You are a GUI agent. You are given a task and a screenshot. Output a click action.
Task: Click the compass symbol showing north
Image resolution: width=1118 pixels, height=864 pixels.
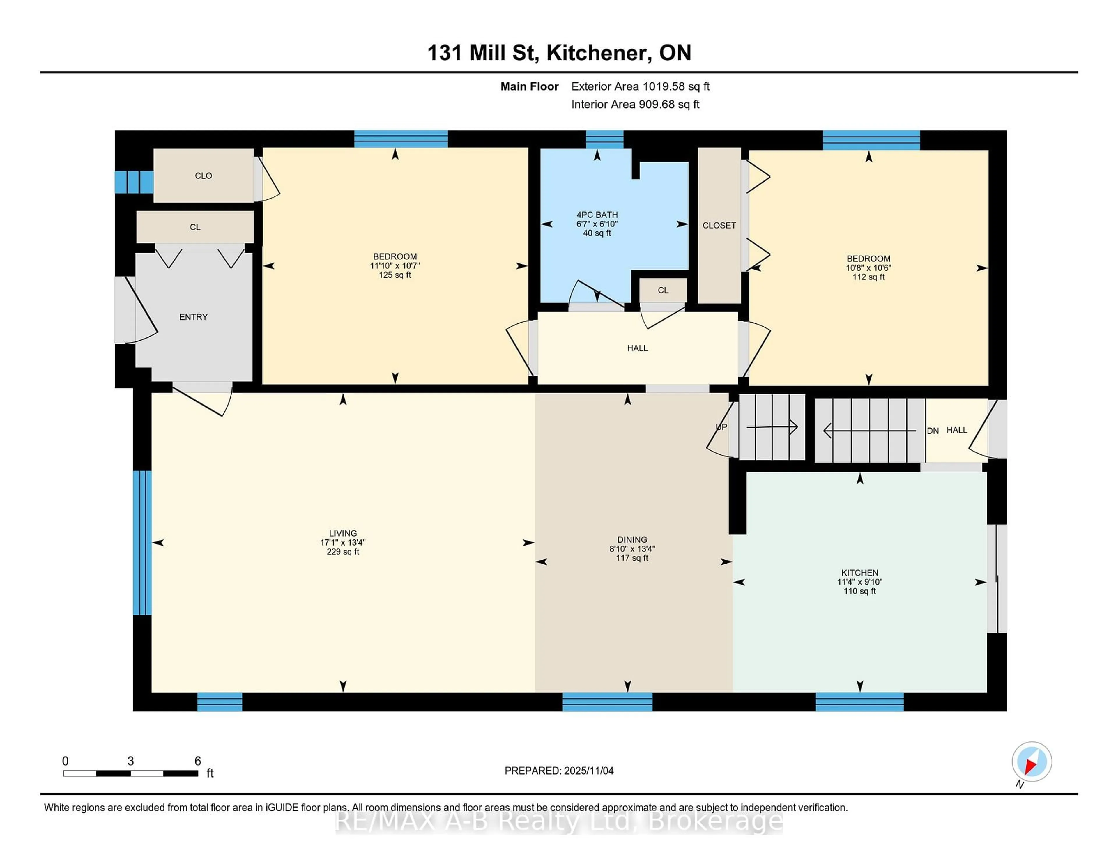click(x=1032, y=761)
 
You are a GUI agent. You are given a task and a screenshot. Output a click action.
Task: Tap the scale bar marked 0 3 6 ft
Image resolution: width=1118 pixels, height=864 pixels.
click(x=130, y=773)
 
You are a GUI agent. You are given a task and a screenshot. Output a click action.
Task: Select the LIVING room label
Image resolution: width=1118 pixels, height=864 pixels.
click(x=342, y=533)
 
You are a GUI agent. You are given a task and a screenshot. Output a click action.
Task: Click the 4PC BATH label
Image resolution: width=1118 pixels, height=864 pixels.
click(x=597, y=215)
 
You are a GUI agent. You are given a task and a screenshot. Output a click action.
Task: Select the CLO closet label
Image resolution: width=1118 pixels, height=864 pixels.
click(x=203, y=176)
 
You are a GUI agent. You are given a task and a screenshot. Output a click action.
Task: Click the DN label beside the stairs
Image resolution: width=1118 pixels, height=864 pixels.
click(x=933, y=431)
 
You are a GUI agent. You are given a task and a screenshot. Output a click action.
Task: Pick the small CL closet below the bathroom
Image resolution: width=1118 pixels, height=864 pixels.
click(x=663, y=290)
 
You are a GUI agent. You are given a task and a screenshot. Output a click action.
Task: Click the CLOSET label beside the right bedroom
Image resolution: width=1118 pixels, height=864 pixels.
click(x=719, y=225)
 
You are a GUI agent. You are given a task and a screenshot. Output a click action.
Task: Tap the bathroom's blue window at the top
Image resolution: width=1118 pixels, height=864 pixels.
click(x=604, y=139)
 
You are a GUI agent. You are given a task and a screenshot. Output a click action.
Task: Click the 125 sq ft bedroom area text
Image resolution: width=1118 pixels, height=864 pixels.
click(x=395, y=275)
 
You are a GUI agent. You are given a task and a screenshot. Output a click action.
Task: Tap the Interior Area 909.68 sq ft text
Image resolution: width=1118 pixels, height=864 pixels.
click(x=635, y=105)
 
